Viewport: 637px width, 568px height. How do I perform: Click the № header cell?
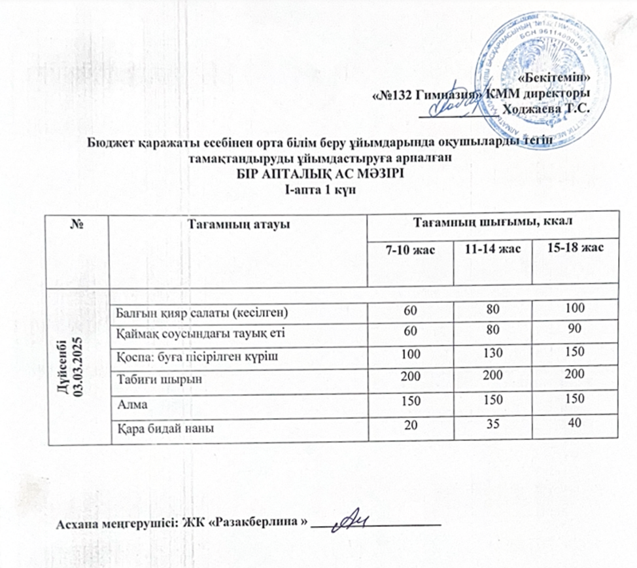[x=77, y=224]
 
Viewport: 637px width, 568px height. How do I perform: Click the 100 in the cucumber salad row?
[x=575, y=308]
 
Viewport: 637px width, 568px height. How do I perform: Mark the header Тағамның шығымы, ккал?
[x=491, y=223]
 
